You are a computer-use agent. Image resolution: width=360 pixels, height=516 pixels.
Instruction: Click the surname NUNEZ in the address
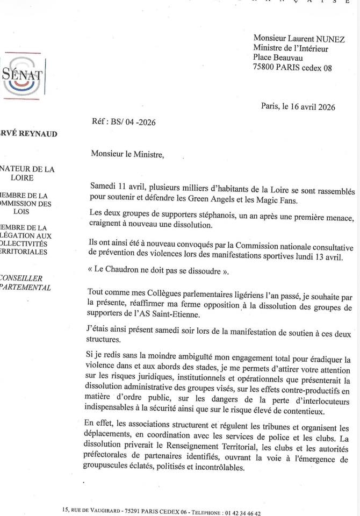coord(329,39)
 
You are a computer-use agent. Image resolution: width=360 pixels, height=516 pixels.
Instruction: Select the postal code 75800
coord(264,68)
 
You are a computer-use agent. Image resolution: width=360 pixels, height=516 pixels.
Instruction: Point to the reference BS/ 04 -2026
coord(133,123)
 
